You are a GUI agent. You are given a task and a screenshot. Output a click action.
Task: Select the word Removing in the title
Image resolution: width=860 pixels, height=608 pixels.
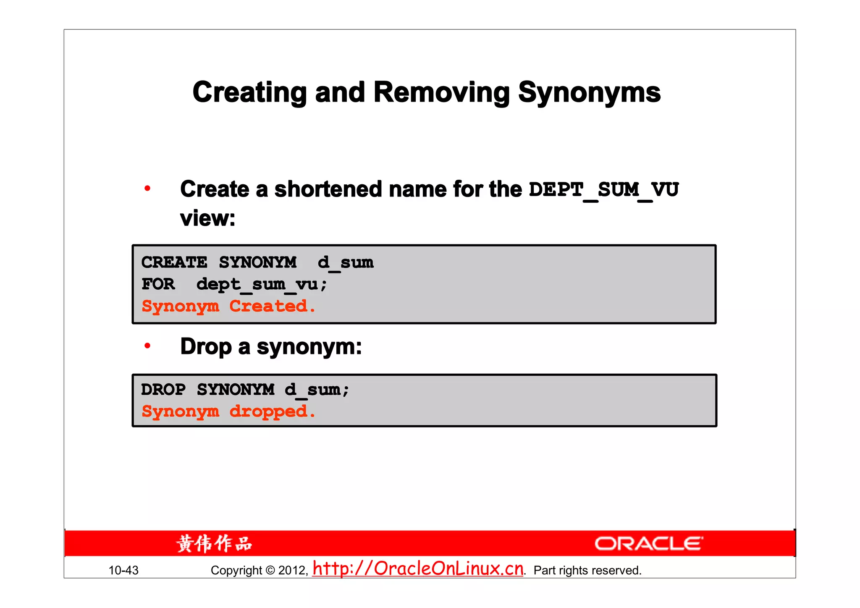441,92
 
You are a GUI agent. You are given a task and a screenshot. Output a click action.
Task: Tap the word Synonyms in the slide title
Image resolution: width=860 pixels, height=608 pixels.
589,92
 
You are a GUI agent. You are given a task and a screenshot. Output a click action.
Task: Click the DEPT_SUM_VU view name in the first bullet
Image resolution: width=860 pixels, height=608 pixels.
603,190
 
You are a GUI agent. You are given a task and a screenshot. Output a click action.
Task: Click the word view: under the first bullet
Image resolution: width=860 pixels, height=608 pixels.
207,218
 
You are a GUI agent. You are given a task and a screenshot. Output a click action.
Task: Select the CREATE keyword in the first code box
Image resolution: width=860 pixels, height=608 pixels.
174,262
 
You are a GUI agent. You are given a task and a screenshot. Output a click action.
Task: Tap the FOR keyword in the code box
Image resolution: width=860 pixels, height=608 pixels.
158,284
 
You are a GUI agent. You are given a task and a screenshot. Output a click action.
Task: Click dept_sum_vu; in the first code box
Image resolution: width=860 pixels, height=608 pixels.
261,285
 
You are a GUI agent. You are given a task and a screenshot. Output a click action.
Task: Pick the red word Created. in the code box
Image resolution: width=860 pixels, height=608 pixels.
272,306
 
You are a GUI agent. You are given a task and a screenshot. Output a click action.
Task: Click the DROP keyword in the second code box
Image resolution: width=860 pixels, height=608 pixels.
163,390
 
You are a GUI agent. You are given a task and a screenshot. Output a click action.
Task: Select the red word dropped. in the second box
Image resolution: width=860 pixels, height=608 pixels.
272,411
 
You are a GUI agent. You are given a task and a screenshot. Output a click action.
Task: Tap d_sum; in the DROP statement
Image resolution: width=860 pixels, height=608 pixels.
317,390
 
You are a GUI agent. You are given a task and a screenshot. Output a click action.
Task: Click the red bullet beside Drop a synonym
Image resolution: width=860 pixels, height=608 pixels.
147,346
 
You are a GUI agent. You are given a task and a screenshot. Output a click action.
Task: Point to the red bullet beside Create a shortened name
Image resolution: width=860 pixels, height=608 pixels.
147,189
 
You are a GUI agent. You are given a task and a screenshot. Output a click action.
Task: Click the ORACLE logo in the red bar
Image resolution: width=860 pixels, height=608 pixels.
648,544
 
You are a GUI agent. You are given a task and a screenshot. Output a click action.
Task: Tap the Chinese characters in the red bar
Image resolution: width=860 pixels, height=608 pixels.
214,544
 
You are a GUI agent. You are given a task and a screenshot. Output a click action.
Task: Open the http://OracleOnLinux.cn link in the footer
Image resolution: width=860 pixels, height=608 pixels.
418,569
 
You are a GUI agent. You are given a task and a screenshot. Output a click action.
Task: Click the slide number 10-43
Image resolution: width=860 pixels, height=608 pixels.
123,570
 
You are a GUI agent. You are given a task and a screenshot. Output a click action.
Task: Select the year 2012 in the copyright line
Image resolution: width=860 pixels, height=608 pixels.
293,570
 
